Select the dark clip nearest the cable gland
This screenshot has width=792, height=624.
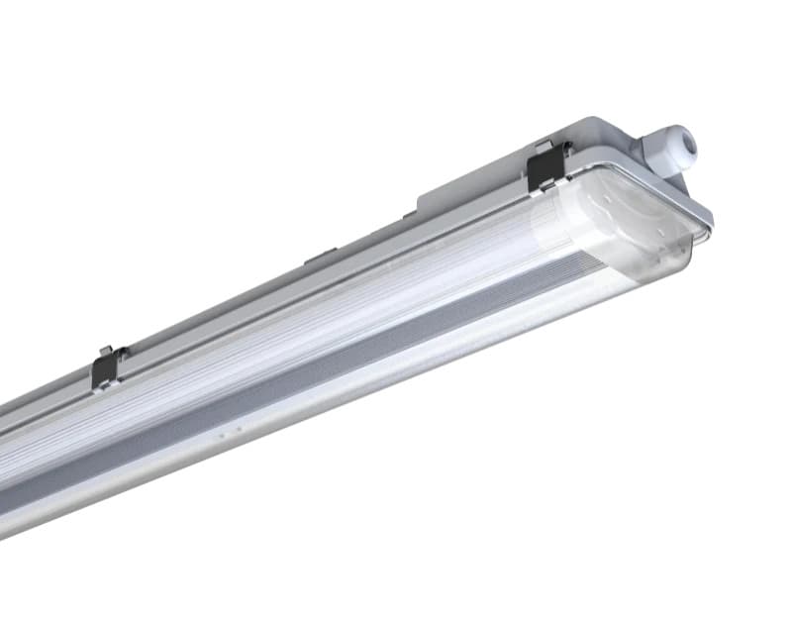point(546,165)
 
